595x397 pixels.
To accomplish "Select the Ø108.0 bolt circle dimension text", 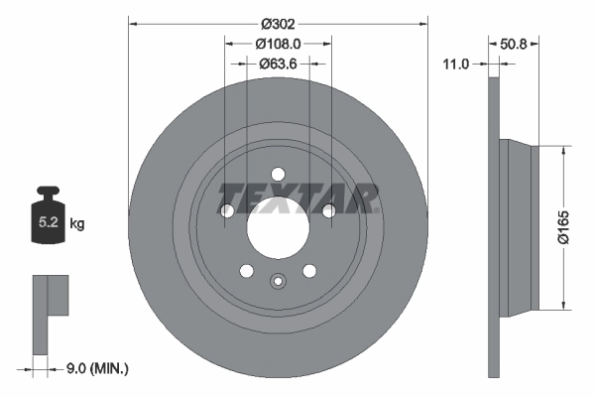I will point(278,44).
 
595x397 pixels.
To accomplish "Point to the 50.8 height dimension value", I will point(512,44).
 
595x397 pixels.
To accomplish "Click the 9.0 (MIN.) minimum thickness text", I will point(97,368).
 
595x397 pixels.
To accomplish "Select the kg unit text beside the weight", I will point(77,224).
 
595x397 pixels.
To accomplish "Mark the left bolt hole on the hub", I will point(228,210).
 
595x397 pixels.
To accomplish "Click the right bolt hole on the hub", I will point(327,209).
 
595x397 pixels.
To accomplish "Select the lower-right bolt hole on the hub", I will point(309,271).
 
